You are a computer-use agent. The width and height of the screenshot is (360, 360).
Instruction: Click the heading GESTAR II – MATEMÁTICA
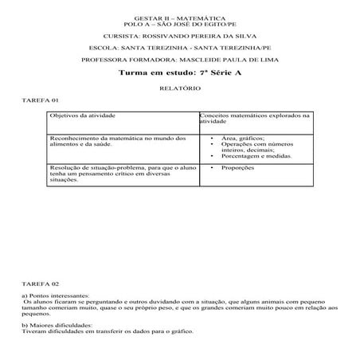tap(180, 18)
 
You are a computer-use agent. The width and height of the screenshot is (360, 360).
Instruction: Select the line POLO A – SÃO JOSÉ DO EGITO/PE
tap(180, 24)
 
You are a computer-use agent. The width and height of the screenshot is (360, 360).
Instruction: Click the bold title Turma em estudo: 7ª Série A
tap(180, 72)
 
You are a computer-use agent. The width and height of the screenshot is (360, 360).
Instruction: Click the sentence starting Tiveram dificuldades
tap(107, 331)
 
